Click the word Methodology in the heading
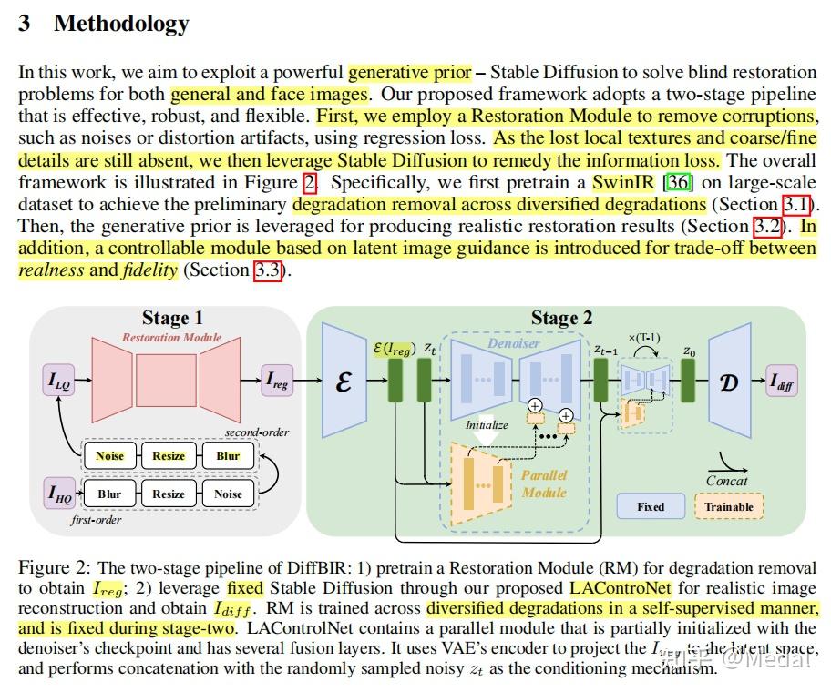click(x=121, y=24)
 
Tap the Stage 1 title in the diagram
click(x=172, y=318)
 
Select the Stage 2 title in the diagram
click(x=561, y=318)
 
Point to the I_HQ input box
click(x=58, y=494)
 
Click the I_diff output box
click(x=781, y=382)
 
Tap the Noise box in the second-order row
click(x=109, y=456)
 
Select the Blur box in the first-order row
click(x=109, y=494)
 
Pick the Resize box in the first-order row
click(x=169, y=494)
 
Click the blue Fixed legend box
click(x=650, y=506)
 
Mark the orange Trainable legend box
click(x=729, y=506)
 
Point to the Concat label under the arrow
click(x=726, y=481)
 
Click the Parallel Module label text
click(x=544, y=483)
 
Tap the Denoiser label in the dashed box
click(x=513, y=343)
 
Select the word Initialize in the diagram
click(x=486, y=424)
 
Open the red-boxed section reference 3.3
click(x=268, y=270)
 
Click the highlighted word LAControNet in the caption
click(x=620, y=588)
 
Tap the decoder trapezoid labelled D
click(x=729, y=382)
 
